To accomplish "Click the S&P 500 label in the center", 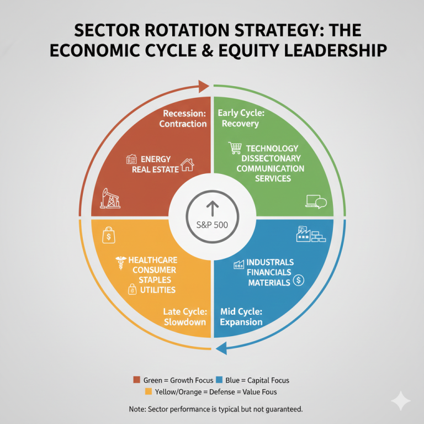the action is click(212, 225).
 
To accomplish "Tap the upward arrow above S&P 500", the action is click(212, 209).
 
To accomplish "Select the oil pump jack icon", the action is click(110, 198).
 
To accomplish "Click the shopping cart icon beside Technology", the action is click(235, 148).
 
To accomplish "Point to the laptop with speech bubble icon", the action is click(316, 202).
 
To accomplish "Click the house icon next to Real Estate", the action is click(187, 165).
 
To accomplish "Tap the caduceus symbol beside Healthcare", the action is click(121, 263).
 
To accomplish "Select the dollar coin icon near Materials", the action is click(299, 280).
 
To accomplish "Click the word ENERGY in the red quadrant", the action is click(156, 159).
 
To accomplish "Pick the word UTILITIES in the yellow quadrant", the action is click(158, 290).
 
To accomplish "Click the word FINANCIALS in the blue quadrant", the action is click(269, 272).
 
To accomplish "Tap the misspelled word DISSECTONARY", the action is click(271, 158).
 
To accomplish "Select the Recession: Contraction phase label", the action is click(183, 119).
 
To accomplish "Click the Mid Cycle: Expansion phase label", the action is click(241, 317).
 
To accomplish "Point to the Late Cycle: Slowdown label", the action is click(185, 317).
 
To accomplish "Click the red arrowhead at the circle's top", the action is click(204, 87).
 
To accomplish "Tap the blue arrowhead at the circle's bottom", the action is click(222, 348).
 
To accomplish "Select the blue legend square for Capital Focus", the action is click(219, 380).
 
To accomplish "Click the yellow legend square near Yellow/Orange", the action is click(148, 391).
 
